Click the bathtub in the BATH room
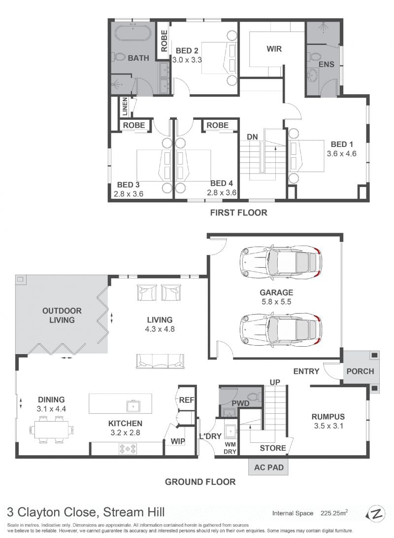tap(132, 33)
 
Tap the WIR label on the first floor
tap(274, 49)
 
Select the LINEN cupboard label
tap(125, 107)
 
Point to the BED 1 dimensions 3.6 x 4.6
tap(342, 153)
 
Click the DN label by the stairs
tap(253, 137)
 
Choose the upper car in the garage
tap(281, 262)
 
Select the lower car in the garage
tap(281, 329)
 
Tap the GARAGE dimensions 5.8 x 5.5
tap(276, 302)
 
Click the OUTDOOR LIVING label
tap(62, 315)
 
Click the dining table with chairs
tap(51, 429)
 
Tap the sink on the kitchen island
tap(133, 406)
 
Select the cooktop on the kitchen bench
tap(128, 448)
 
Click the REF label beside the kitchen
tap(187, 400)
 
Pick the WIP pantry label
tap(178, 441)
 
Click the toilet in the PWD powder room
tap(254, 396)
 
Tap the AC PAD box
tap(269, 467)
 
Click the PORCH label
tap(360, 371)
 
